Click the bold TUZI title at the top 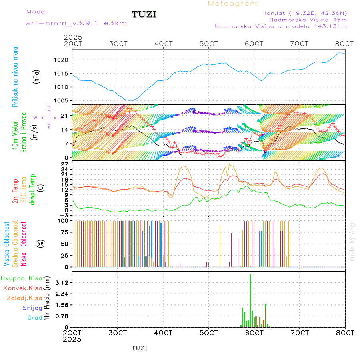144,14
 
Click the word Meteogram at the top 233,4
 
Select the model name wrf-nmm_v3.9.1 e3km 76,23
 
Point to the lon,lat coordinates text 306,12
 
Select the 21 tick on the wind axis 63,116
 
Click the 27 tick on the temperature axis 63,164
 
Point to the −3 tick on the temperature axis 63,215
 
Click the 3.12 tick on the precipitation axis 62,283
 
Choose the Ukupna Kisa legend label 21,278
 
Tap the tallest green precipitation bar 250,300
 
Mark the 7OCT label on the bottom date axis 300,333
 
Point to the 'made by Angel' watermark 352,240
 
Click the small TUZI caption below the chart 140,348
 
